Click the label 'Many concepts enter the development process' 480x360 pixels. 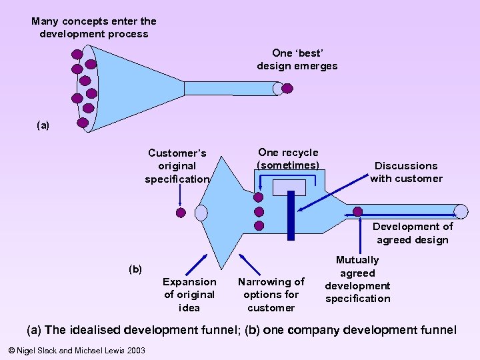(x=94, y=27)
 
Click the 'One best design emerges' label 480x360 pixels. (x=297, y=59)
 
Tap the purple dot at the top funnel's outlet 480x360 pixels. (x=287, y=88)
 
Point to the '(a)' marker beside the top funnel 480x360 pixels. (x=43, y=125)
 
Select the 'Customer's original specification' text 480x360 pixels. (x=177, y=166)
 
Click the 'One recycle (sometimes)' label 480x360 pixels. (x=288, y=159)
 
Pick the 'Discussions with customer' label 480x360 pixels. (x=406, y=172)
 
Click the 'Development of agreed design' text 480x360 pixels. (x=413, y=233)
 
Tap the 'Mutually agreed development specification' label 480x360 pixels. (x=357, y=279)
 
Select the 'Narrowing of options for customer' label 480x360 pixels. (x=271, y=295)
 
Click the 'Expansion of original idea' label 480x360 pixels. (x=189, y=295)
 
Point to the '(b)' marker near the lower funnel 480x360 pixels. (x=135, y=269)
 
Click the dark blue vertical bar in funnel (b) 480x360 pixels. (x=291, y=215)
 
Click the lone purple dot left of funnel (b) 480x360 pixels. (x=180, y=213)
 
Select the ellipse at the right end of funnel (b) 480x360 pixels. (x=461, y=211)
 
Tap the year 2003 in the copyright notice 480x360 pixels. (x=135, y=350)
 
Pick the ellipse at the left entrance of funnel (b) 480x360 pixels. (x=201, y=213)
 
